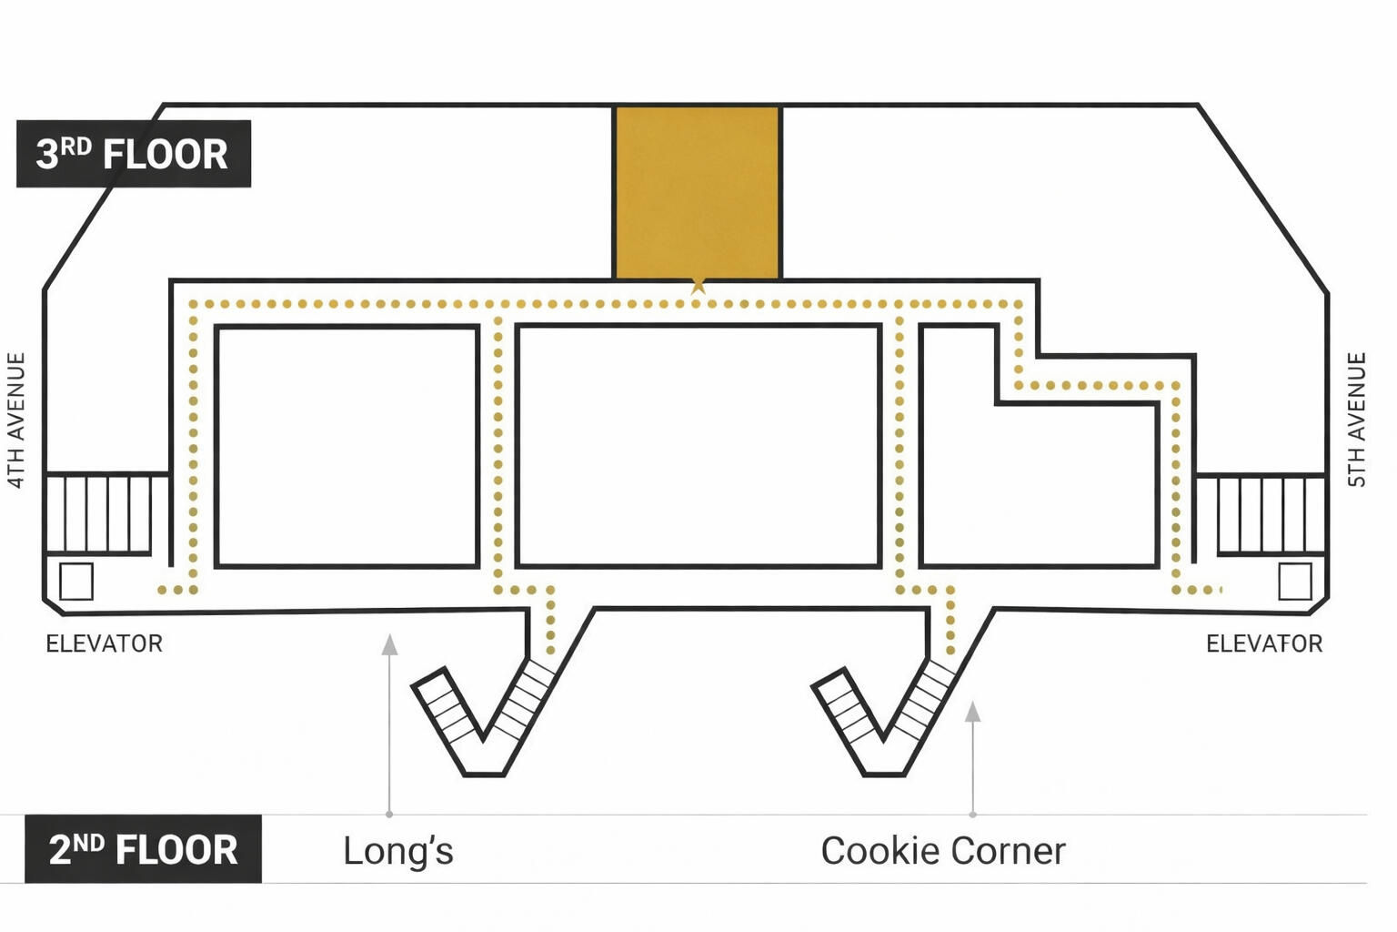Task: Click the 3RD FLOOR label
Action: point(133,154)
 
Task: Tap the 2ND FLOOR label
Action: point(143,849)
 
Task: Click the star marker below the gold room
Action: point(698,286)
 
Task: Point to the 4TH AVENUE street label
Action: point(15,420)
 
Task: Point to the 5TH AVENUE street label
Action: point(1356,420)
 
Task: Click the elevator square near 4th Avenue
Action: point(76,582)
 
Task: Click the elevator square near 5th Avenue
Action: point(1294,582)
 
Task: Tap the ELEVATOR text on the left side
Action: point(105,644)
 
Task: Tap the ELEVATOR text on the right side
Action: point(1263,644)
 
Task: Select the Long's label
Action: point(397,851)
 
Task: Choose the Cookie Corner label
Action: point(942,851)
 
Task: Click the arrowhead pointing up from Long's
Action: point(389,644)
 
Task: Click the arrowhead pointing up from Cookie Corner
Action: point(972,712)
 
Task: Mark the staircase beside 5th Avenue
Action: point(1270,513)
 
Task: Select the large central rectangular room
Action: point(698,446)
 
